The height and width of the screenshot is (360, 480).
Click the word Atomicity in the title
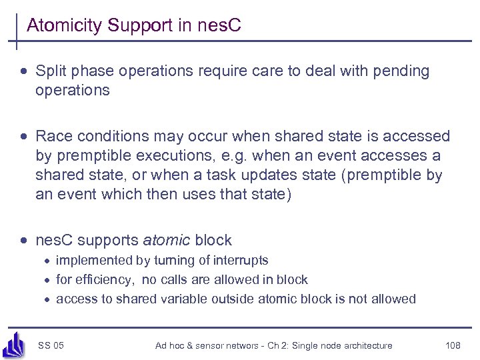click(64, 26)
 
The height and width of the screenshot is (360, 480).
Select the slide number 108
click(453, 345)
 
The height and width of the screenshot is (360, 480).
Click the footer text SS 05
click(51, 345)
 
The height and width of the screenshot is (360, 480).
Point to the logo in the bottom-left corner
click(13, 343)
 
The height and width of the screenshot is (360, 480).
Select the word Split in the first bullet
click(50, 71)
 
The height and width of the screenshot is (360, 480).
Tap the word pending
click(402, 71)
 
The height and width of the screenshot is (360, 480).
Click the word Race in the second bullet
click(52, 137)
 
